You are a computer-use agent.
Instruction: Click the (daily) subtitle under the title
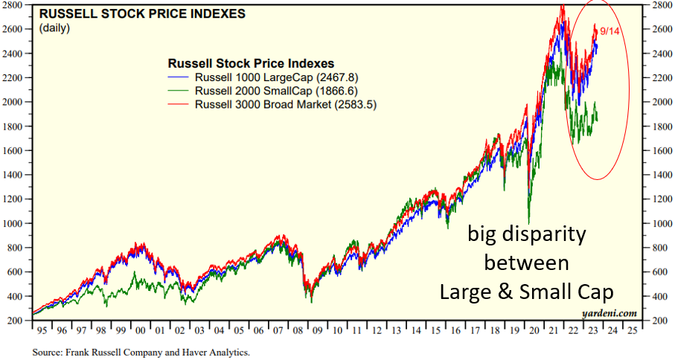tap(54, 28)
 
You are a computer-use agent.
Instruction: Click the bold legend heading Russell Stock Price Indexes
tap(251, 63)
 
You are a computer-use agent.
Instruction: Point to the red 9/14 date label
tap(610, 30)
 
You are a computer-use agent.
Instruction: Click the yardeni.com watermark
tap(614, 312)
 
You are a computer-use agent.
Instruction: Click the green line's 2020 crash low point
tap(529, 222)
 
